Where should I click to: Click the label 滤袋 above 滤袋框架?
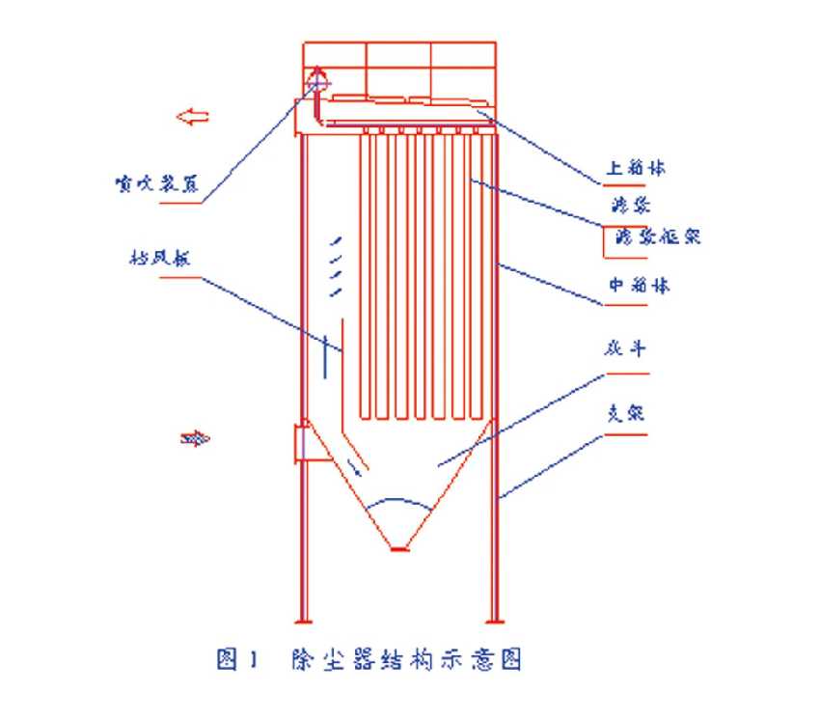pyautogui.click(x=627, y=206)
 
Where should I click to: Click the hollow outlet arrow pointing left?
pyautogui.click(x=192, y=117)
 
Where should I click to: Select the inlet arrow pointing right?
pyautogui.click(x=195, y=439)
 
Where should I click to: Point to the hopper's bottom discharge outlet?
pyautogui.click(x=399, y=549)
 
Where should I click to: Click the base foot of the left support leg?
pyautogui.click(x=303, y=621)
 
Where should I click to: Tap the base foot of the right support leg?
pyautogui.click(x=495, y=621)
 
